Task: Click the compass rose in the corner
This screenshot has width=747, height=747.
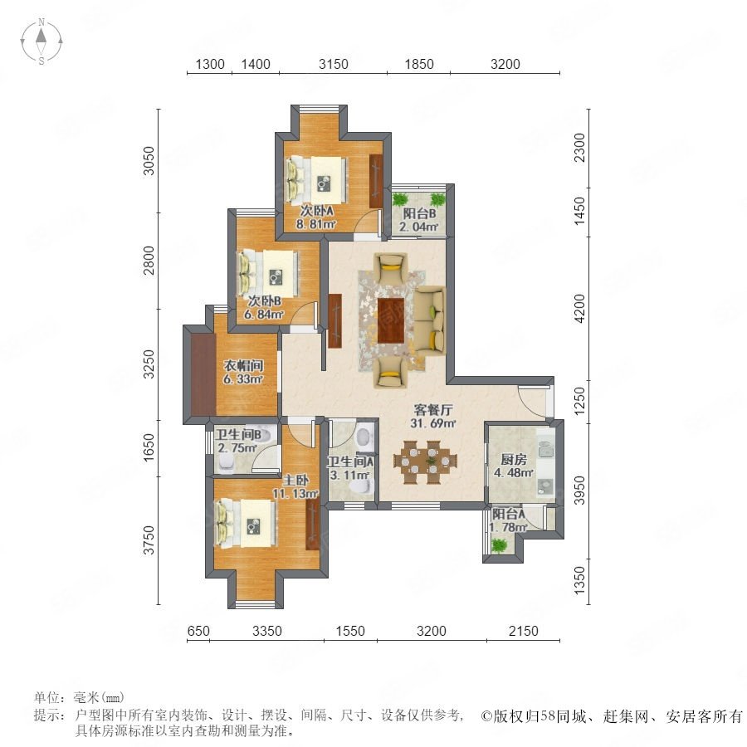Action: click(41, 41)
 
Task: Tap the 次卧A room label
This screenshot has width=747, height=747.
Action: click(316, 210)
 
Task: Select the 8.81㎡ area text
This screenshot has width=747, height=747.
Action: click(316, 224)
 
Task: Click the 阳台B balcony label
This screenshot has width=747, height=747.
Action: click(420, 214)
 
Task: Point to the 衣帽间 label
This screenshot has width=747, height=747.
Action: click(243, 366)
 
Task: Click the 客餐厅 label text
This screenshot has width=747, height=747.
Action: click(433, 410)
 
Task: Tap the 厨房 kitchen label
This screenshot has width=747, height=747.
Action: click(514, 460)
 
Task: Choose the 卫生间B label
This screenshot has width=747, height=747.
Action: click(237, 434)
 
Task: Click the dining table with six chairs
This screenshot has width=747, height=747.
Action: click(426, 461)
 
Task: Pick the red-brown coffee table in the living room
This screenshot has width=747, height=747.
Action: click(391, 320)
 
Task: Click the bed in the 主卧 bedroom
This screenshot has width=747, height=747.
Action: click(245, 523)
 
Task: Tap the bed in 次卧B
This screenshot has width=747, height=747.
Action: click(268, 273)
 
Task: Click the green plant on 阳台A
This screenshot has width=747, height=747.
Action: click(499, 544)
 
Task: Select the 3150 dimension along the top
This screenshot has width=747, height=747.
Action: click(334, 64)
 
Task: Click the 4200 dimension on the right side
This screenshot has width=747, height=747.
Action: click(579, 308)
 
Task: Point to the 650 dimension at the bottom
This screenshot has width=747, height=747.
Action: click(198, 631)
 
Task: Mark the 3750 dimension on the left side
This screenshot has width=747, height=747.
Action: click(149, 539)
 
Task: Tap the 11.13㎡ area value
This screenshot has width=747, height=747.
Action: click(295, 494)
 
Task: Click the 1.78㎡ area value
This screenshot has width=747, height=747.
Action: click(508, 527)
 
